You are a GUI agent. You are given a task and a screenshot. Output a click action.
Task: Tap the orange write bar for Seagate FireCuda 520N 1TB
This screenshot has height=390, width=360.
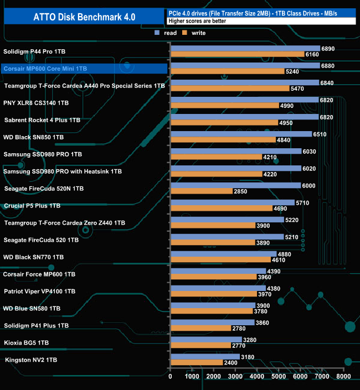(202, 191)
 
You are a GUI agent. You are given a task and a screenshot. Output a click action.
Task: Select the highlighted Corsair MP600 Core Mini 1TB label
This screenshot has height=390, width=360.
(45, 69)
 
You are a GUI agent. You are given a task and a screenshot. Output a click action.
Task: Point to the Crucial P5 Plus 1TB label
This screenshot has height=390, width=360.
(32, 206)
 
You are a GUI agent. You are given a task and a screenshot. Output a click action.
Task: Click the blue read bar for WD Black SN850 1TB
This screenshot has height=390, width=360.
(241, 134)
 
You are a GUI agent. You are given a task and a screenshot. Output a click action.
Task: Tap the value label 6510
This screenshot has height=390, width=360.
(321, 134)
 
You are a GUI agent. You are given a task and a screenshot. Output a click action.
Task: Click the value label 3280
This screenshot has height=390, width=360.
(251, 339)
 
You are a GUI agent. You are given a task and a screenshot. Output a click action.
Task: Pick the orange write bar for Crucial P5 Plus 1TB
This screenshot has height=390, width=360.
(222, 208)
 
